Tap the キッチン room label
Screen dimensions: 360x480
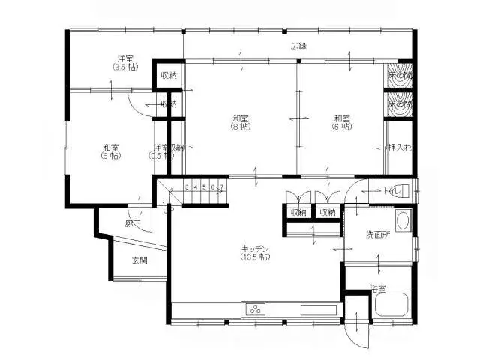[255, 248]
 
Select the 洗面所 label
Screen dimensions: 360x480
[377, 235]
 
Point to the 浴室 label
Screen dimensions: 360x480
[378, 288]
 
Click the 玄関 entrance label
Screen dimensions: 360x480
[139, 260]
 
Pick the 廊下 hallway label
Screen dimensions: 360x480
[133, 223]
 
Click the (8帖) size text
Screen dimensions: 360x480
[240, 127]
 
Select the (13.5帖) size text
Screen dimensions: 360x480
[255, 256]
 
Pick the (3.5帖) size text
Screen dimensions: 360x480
[125, 67]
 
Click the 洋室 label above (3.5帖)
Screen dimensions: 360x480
[125, 58]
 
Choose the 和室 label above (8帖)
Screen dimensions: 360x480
[240, 118]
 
